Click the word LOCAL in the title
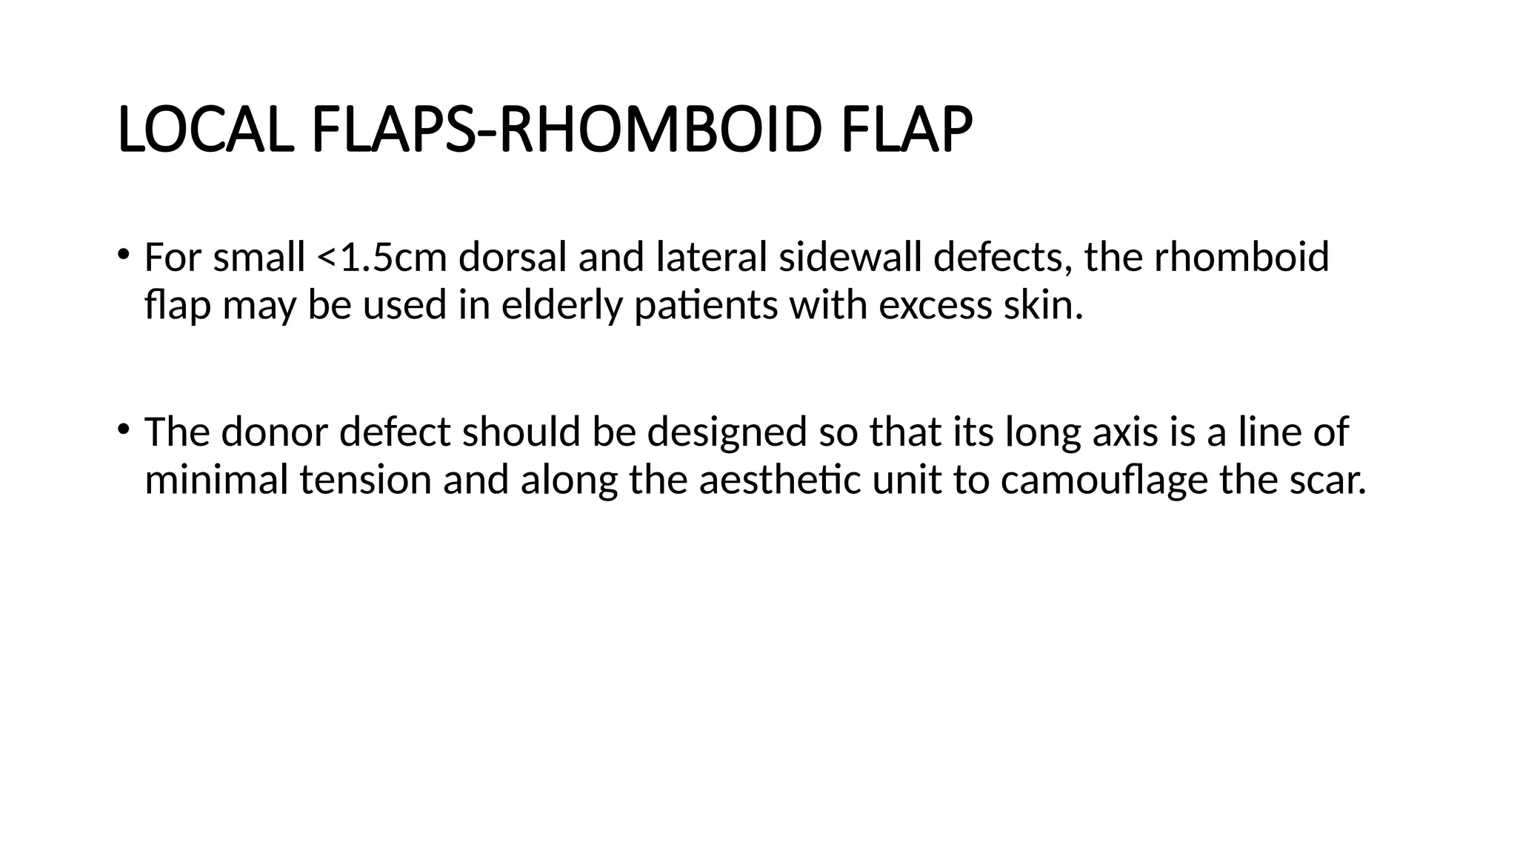pyautogui.click(x=202, y=130)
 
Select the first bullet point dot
pyautogui.click(x=122, y=253)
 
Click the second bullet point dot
pyautogui.click(x=122, y=427)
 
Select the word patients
pyautogui.click(x=705, y=305)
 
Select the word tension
pyautogui.click(x=365, y=479)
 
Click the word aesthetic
pyautogui.click(x=779, y=479)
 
